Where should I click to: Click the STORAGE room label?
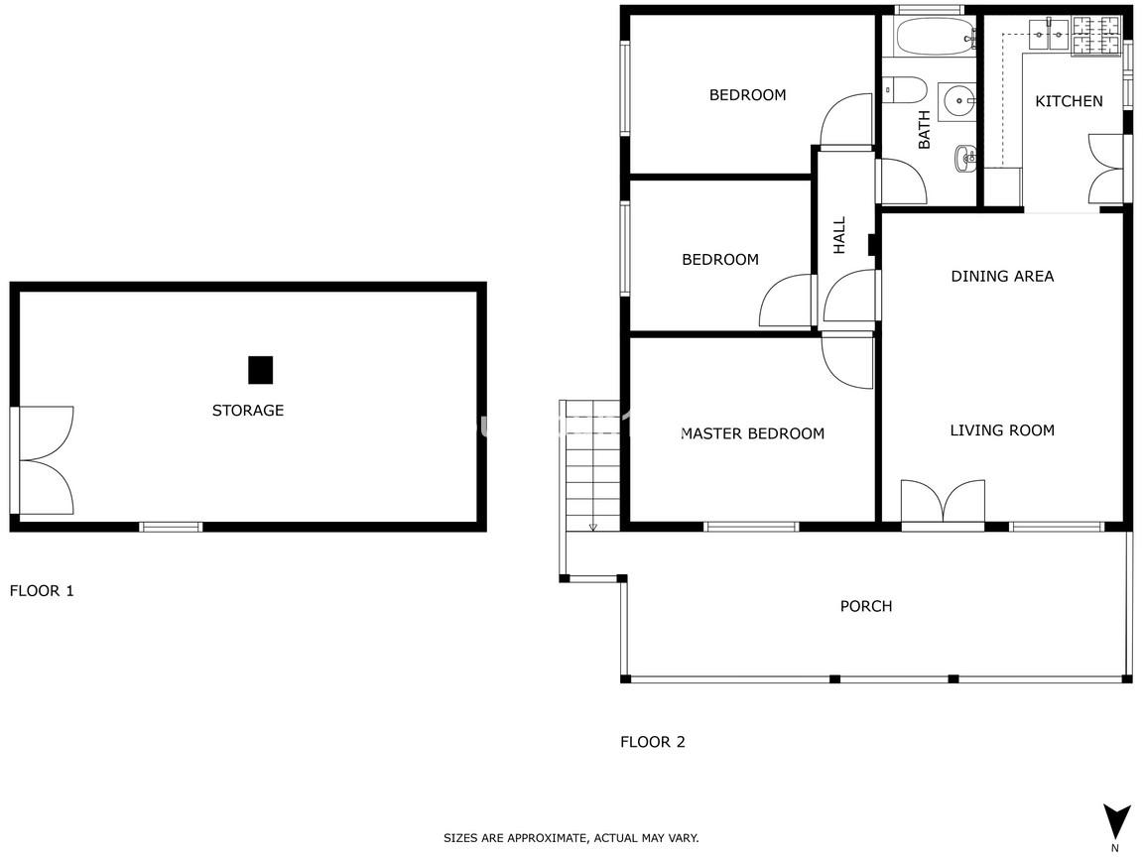click(x=248, y=411)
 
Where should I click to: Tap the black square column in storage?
click(x=260, y=369)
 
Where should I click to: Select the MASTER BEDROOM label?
click(x=752, y=433)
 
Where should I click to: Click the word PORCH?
click(x=866, y=606)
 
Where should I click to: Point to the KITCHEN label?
click(x=1069, y=101)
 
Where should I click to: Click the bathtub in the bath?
click(x=936, y=37)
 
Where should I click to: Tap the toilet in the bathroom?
click(x=905, y=90)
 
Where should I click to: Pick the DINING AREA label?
click(x=1002, y=276)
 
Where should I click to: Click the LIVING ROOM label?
click(x=1002, y=430)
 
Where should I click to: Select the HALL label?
click(x=839, y=235)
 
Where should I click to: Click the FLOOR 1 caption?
click(x=42, y=591)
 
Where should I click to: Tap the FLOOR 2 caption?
click(x=653, y=742)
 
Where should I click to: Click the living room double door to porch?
click(x=944, y=502)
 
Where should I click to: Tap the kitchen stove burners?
click(x=1095, y=36)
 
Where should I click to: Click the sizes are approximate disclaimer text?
click(x=571, y=838)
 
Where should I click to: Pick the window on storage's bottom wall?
click(x=172, y=526)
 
